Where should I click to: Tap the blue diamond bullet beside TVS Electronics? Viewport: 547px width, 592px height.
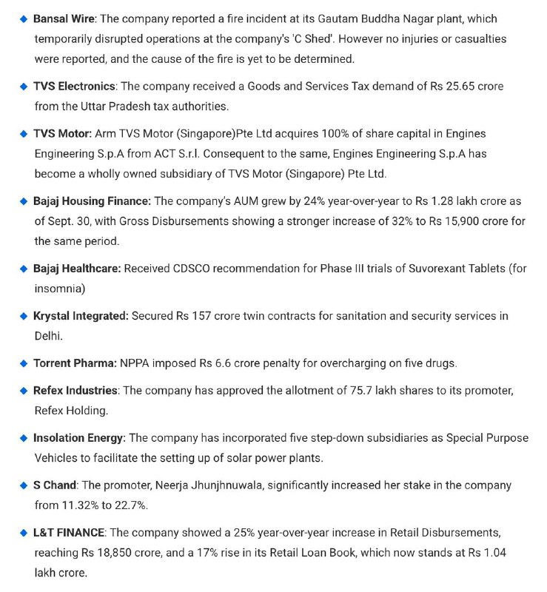click(x=24, y=87)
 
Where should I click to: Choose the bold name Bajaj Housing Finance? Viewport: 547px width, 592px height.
click(x=92, y=201)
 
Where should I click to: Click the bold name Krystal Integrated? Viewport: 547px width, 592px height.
click(x=81, y=315)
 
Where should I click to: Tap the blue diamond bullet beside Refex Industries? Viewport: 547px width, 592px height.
click(x=24, y=390)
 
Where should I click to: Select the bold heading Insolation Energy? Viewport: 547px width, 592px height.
click(x=79, y=437)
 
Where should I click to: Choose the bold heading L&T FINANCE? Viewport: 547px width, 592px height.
click(x=69, y=532)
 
